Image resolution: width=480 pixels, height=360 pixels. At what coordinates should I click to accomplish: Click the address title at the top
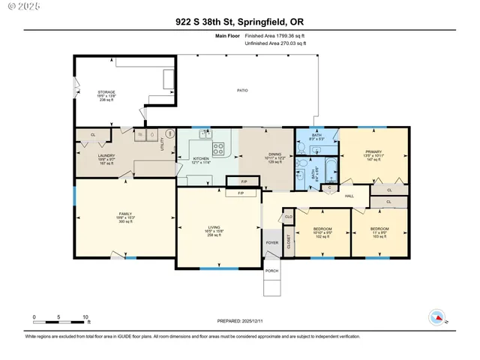coord(240,22)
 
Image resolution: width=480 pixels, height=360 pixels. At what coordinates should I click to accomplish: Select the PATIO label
coord(242,91)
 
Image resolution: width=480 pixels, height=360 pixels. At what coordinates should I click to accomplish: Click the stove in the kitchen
coord(218,148)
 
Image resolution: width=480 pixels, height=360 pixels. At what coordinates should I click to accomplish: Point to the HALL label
coord(349,196)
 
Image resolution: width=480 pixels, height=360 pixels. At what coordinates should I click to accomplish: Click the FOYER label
coord(271,242)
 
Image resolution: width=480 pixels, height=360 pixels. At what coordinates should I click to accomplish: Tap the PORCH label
coord(271,271)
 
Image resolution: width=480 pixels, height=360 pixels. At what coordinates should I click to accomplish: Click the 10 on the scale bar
coord(86,317)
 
